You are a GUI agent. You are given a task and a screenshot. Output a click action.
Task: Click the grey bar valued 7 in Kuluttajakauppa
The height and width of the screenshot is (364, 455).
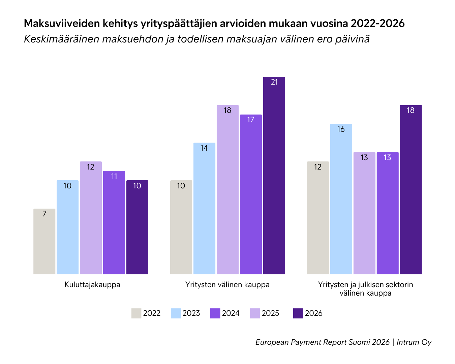pyautogui.click(x=44, y=241)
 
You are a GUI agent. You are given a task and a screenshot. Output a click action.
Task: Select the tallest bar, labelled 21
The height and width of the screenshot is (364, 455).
pyautogui.click(x=274, y=176)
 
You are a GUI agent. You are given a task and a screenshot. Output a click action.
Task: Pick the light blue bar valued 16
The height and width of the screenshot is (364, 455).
pyautogui.click(x=341, y=199)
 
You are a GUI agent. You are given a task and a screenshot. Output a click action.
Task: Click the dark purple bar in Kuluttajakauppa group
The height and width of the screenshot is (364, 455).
pyautogui.click(x=137, y=227)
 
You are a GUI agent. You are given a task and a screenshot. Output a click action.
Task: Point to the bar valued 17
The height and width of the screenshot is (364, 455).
pyautogui.click(x=251, y=194)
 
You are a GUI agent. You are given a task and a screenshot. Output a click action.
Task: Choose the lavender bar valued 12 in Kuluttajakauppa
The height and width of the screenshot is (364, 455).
pyautogui.click(x=91, y=218)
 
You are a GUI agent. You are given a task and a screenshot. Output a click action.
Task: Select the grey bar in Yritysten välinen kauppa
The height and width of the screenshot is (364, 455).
pyautogui.click(x=181, y=227)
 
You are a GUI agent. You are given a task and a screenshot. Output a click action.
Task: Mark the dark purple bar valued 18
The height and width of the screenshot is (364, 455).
pyautogui.click(x=411, y=189)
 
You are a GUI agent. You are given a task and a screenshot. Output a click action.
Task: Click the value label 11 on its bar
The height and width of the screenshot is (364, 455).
pyautogui.click(x=114, y=176)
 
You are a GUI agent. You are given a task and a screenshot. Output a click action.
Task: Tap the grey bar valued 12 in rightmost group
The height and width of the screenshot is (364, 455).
pyautogui.click(x=318, y=218)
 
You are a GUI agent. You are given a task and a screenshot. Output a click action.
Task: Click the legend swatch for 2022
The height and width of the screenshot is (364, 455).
pyautogui.click(x=136, y=313)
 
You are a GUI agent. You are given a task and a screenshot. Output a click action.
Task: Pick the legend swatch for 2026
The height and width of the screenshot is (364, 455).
pyautogui.click(x=298, y=313)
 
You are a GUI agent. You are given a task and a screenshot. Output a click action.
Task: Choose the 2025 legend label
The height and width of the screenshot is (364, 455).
pyautogui.click(x=270, y=313)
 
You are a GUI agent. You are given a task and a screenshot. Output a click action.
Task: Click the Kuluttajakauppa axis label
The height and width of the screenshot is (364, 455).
pyautogui.click(x=92, y=284)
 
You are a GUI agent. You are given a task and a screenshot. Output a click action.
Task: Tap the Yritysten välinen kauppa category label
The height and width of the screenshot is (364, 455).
pyautogui.click(x=227, y=284)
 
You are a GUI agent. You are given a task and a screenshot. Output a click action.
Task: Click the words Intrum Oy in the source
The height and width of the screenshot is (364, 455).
pyautogui.click(x=414, y=342)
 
